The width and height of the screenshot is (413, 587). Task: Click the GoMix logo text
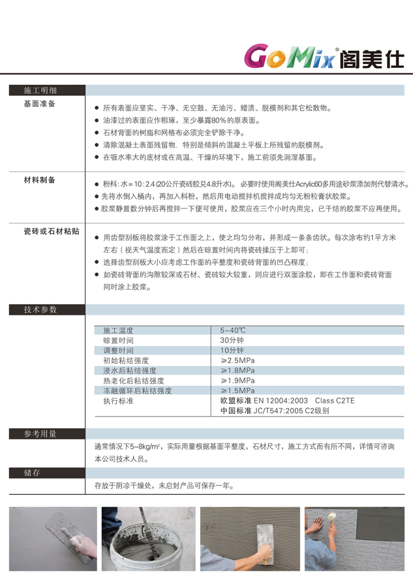click(288, 56)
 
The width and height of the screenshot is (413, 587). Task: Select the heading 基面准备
click(40, 104)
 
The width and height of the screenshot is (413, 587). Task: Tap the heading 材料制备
click(40, 180)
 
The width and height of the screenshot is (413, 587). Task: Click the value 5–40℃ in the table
click(233, 330)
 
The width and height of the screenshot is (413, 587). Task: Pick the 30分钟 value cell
click(232, 340)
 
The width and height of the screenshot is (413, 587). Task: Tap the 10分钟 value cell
click(232, 350)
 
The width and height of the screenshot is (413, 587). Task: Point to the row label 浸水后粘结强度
click(130, 370)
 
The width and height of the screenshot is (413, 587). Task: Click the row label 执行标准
click(119, 401)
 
